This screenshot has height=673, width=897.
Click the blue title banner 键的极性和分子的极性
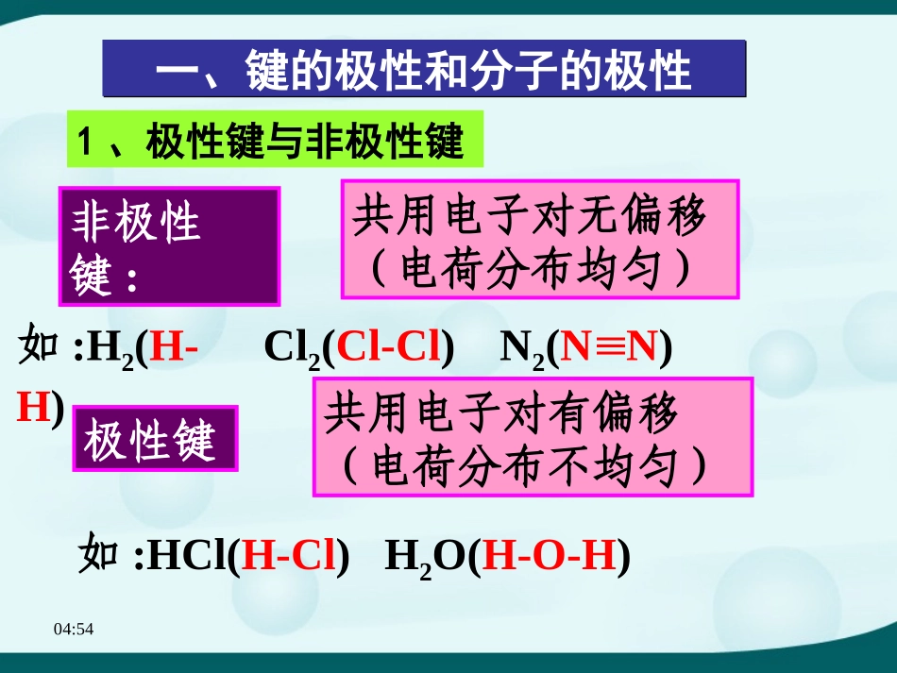tap(424, 69)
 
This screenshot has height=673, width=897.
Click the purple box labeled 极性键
tap(156, 439)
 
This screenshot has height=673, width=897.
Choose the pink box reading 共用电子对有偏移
tap(532, 414)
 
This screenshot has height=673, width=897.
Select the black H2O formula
tap(425, 559)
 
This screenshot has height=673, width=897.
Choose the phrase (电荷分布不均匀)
tap(525, 465)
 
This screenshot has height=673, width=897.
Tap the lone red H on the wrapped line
tap(32, 406)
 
